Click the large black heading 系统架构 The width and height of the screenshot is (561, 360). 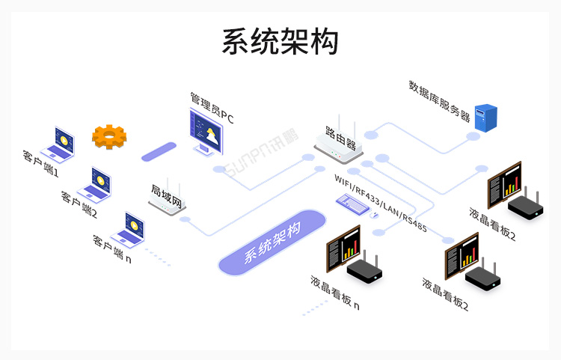pos(280,41)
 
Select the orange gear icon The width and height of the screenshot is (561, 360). pos(109,136)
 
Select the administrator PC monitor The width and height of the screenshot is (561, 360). pos(205,133)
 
